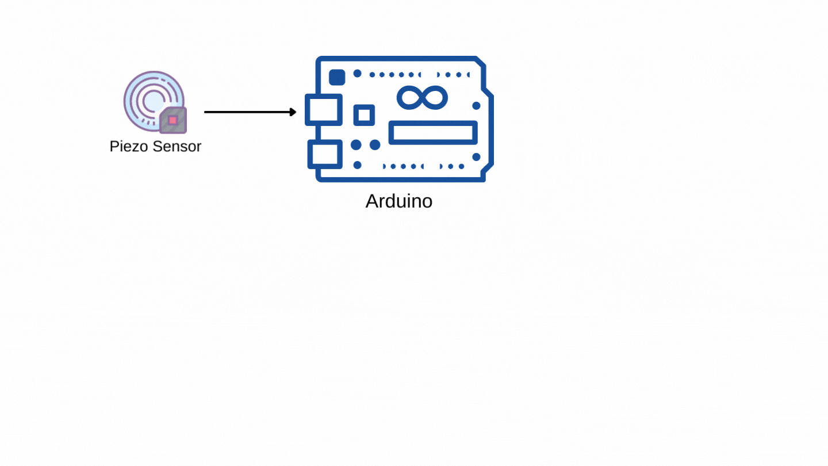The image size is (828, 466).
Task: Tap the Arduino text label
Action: pyautogui.click(x=398, y=201)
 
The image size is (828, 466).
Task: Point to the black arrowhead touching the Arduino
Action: pyautogui.click(x=293, y=112)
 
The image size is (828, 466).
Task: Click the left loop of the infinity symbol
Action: pyautogui.click(x=411, y=98)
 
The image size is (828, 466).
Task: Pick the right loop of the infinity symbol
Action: pyautogui.click(x=435, y=98)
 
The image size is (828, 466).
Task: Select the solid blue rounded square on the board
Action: pyautogui.click(x=337, y=77)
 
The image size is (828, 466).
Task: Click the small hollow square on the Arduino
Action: pyautogui.click(x=364, y=114)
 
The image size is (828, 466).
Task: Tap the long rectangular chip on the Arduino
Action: pyautogui.click(x=433, y=132)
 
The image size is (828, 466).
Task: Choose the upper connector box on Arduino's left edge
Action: pyautogui.click(x=324, y=109)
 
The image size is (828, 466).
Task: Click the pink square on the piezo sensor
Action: pyautogui.click(x=172, y=120)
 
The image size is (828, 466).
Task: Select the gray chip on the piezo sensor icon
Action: pyautogui.click(x=173, y=120)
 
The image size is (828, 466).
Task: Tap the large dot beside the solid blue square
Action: pyautogui.click(x=357, y=74)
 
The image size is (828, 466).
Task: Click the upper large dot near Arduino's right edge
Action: pyautogui.click(x=476, y=106)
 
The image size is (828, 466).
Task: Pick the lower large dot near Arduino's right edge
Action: pyautogui.click(x=476, y=156)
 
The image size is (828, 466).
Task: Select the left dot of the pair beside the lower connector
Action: pyautogui.click(x=356, y=145)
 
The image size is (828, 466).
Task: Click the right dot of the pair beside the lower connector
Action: pyautogui.click(x=375, y=145)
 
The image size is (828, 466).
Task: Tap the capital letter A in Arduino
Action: pyautogui.click(x=372, y=201)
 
